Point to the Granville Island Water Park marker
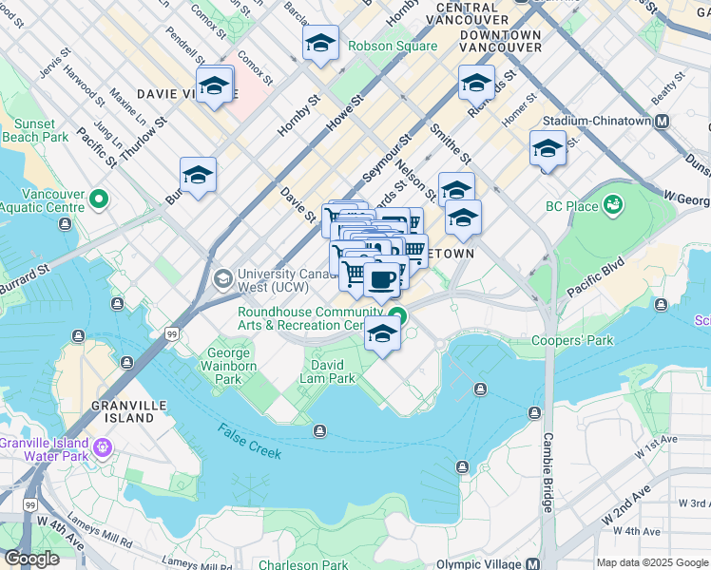click(x=102, y=446)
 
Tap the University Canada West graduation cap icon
click(x=223, y=278)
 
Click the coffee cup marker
click(x=382, y=279)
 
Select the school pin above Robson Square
click(x=320, y=43)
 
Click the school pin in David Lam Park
click(x=382, y=333)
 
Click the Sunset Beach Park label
click(x=41, y=130)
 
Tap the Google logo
click(x=31, y=559)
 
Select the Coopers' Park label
click(x=572, y=340)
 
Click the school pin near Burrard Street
click(x=198, y=175)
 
